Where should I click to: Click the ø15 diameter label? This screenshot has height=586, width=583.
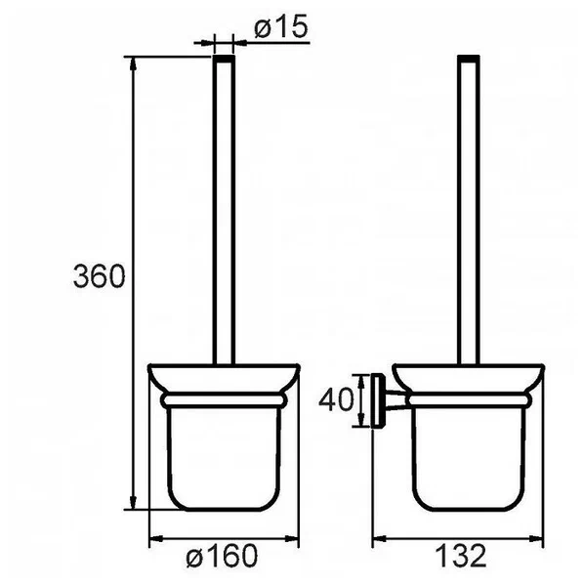tap(281, 26)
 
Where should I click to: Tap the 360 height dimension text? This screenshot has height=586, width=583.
tap(99, 276)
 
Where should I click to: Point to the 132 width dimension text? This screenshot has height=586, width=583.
tap(461, 556)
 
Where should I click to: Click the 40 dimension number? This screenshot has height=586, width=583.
tap(336, 399)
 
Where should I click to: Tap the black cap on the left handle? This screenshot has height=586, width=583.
tap(224, 59)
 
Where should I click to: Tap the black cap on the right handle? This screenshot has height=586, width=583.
tap(469, 59)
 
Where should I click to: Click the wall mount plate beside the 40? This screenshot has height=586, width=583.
tap(378, 400)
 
